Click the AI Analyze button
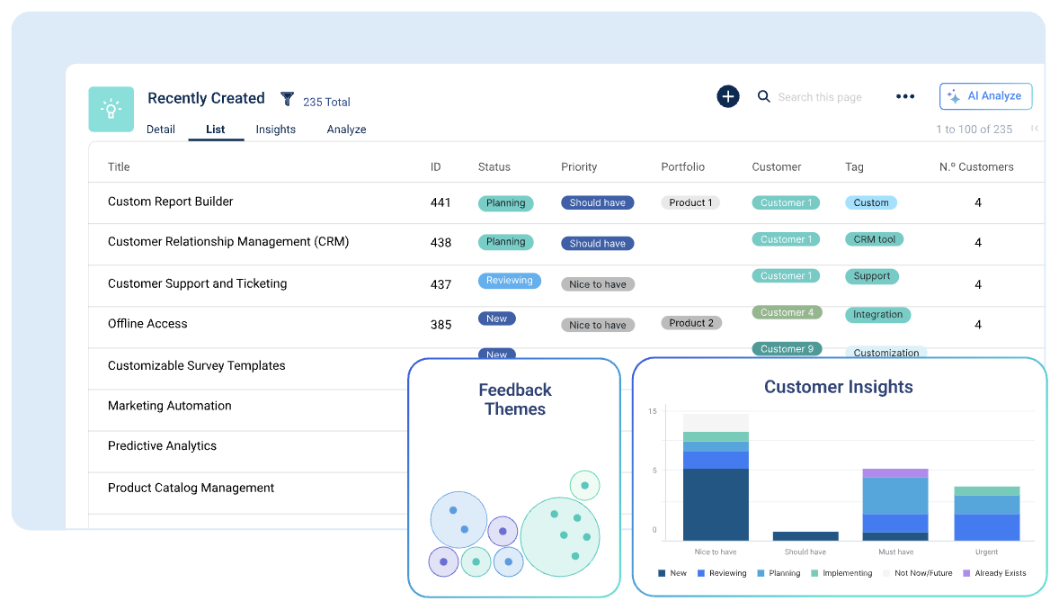(985, 96)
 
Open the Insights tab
(275, 130)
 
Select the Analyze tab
(346, 130)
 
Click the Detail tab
(161, 130)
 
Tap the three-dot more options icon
(905, 97)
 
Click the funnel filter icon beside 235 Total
(288, 99)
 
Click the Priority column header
(579, 166)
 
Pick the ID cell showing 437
(441, 284)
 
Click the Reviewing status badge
(509, 281)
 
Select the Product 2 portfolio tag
(691, 323)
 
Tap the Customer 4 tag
(787, 313)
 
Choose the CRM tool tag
(874, 239)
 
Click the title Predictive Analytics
(162, 446)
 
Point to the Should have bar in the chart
(805, 535)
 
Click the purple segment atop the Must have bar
(894, 473)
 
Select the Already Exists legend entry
(994, 573)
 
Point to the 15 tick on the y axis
(653, 412)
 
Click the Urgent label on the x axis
(986, 552)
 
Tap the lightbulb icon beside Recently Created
(111, 110)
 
